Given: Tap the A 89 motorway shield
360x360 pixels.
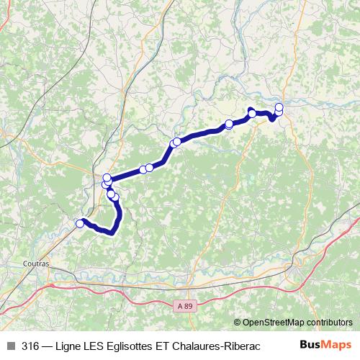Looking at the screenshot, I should (186, 306).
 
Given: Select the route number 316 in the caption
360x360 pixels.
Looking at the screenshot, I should (30, 345).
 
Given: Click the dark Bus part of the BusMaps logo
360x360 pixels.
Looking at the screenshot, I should (311, 345).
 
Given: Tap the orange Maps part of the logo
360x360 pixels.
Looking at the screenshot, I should (338, 345).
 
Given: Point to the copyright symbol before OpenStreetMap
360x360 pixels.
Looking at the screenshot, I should (238, 323).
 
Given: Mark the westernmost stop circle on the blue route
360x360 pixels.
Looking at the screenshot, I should (80, 224).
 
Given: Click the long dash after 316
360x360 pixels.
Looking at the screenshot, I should (49, 345).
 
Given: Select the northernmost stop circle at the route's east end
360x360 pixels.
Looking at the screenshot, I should (279, 107).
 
